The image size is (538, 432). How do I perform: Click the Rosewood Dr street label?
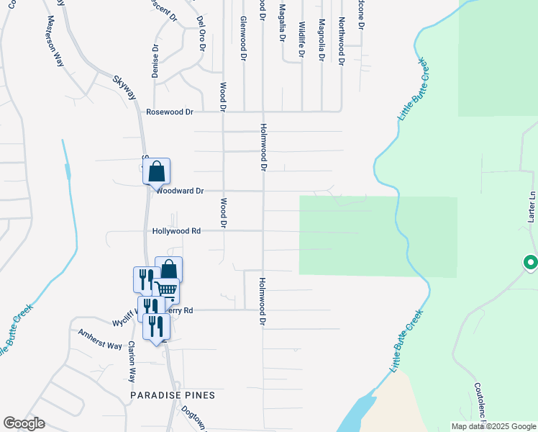tap(170, 112)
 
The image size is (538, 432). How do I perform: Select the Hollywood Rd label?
tap(175, 231)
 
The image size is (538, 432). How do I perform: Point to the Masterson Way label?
tap(56, 40)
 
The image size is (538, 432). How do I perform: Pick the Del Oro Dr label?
tap(201, 34)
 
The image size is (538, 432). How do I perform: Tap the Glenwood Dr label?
tap(244, 37)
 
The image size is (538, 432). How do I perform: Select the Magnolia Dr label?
tap(322, 40)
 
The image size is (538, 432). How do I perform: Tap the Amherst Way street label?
tap(100, 341)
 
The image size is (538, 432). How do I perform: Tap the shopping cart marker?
tap(166, 289)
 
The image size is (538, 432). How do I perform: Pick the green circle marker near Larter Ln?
tap(531, 263)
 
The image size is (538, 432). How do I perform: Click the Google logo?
tap(24, 423)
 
